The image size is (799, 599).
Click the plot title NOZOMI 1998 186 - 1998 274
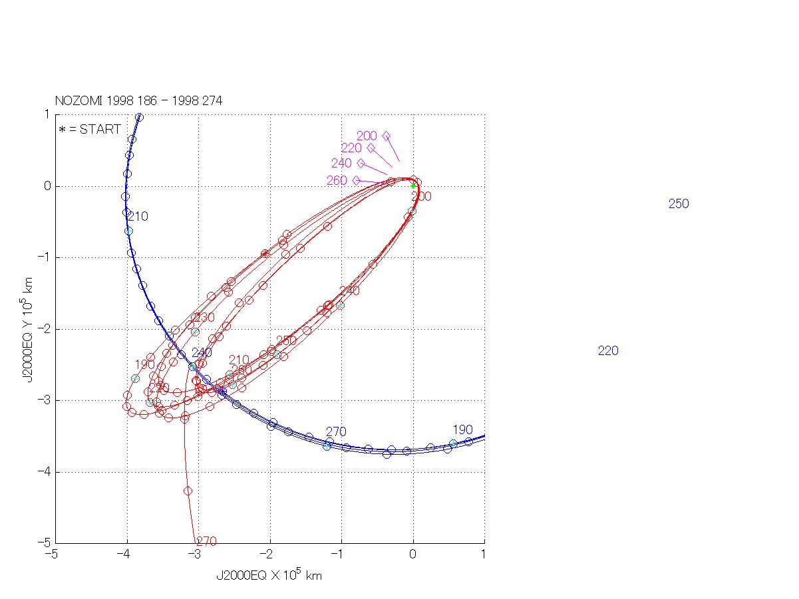click(138, 101)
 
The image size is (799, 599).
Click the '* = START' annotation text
click(90, 130)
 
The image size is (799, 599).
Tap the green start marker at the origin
click(413, 186)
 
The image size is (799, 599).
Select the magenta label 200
click(367, 136)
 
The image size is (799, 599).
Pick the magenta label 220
click(351, 148)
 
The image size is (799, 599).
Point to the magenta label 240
click(341, 164)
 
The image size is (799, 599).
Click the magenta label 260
click(337, 181)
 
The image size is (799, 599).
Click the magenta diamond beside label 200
click(386, 136)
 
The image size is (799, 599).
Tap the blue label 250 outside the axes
click(679, 204)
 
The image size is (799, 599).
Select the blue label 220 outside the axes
click(608, 351)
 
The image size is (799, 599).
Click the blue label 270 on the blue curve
click(336, 432)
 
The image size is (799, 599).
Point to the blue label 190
click(462, 429)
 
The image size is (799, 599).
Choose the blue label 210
click(138, 217)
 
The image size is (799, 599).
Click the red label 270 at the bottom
click(206, 542)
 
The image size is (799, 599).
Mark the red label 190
click(144, 364)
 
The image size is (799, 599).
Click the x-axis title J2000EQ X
click(269, 576)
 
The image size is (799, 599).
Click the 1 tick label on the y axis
click(47, 114)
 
